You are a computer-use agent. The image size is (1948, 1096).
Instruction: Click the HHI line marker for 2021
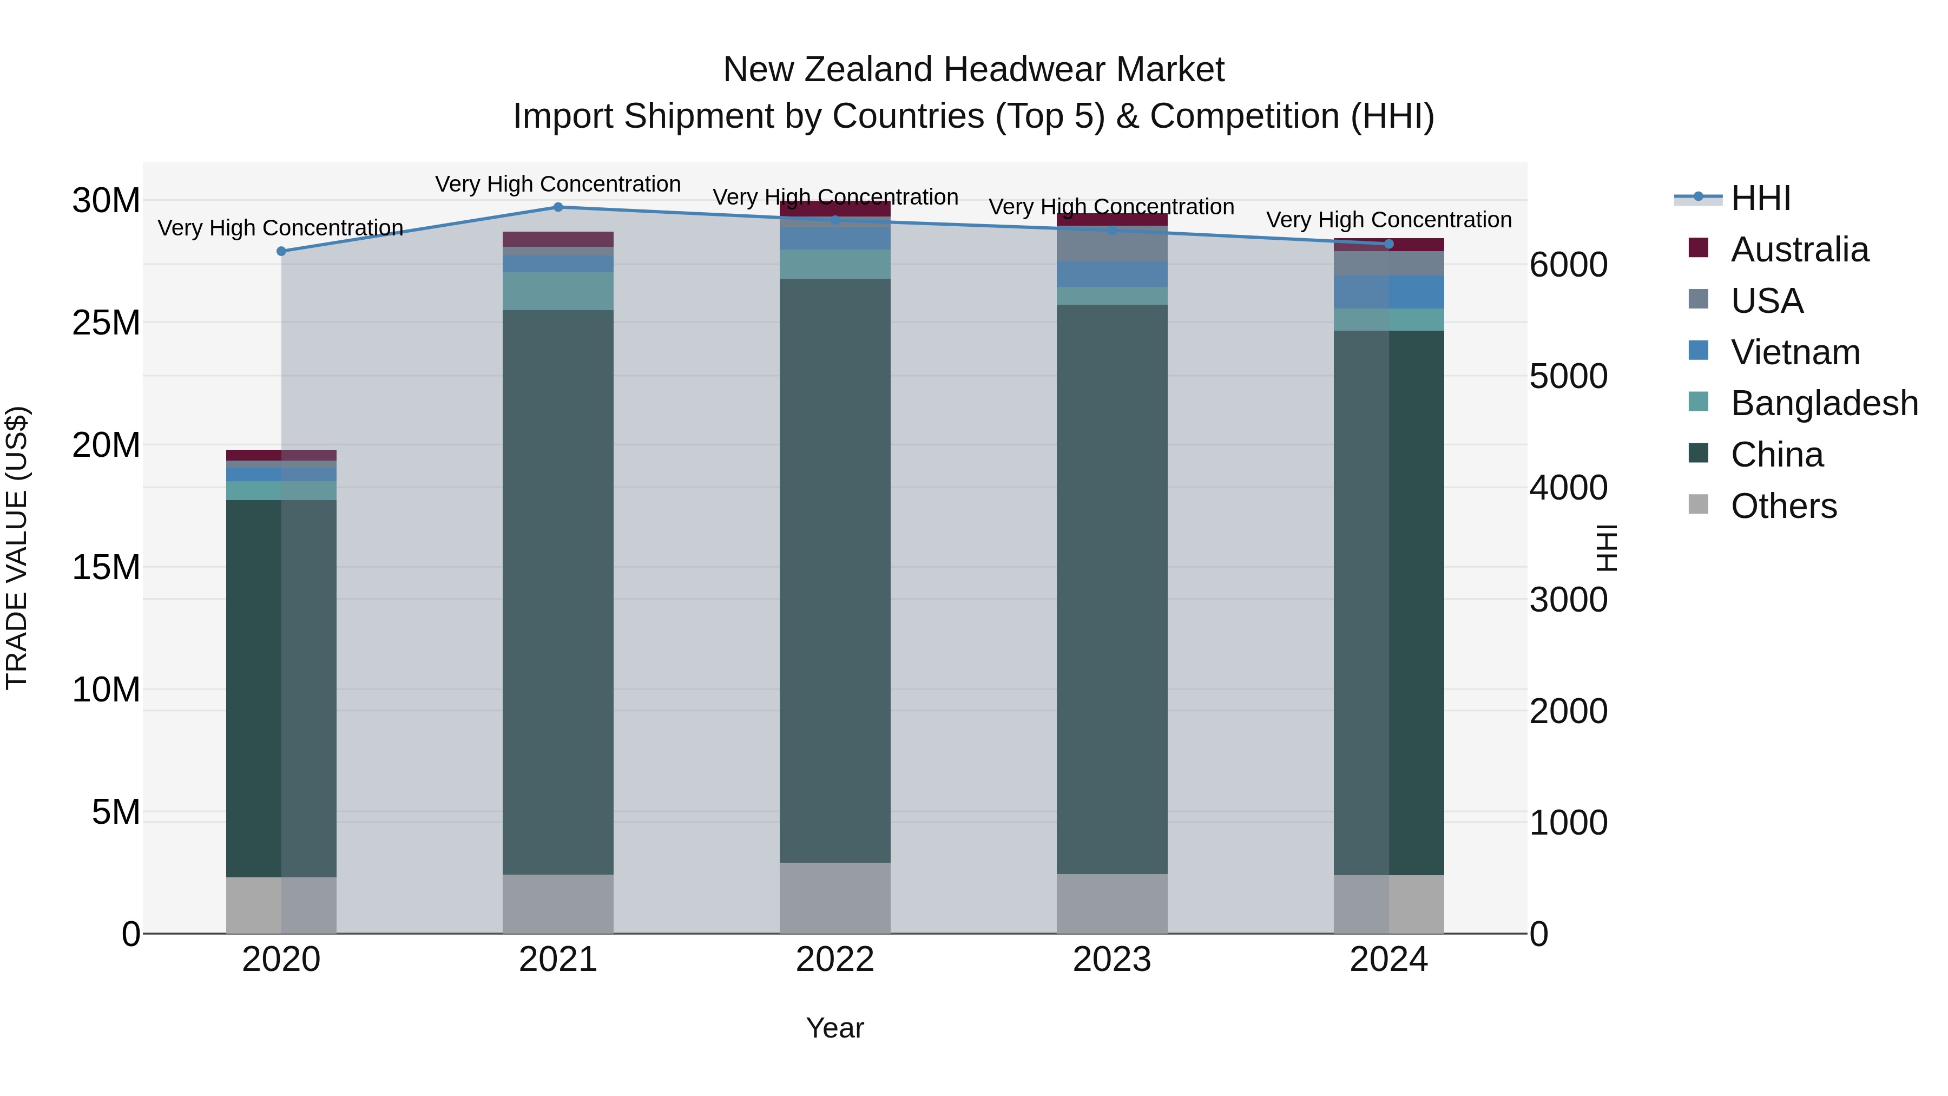[558, 207]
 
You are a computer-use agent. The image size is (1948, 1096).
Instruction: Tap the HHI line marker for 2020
[281, 251]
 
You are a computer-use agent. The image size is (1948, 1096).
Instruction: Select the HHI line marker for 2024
[1388, 244]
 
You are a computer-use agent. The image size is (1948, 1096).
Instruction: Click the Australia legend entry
[1799, 250]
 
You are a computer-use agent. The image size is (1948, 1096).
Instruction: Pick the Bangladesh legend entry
[1824, 403]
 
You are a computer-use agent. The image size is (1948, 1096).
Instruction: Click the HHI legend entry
[1760, 198]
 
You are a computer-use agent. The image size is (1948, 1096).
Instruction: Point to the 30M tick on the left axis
[106, 201]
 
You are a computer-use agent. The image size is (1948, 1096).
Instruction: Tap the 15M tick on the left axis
[106, 567]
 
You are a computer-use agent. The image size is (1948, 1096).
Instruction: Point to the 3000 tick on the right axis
[1568, 600]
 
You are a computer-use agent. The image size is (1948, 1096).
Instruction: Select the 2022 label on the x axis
[835, 960]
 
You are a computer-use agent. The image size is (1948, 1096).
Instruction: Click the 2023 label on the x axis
[1111, 960]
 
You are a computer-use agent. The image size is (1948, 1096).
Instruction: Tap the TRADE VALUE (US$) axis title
[17, 548]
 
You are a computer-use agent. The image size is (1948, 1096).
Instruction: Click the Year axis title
[835, 1028]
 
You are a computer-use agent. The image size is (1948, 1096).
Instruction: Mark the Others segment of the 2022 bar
[835, 898]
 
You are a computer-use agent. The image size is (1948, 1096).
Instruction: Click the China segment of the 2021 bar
[558, 592]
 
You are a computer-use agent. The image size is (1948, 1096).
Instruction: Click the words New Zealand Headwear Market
[973, 70]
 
